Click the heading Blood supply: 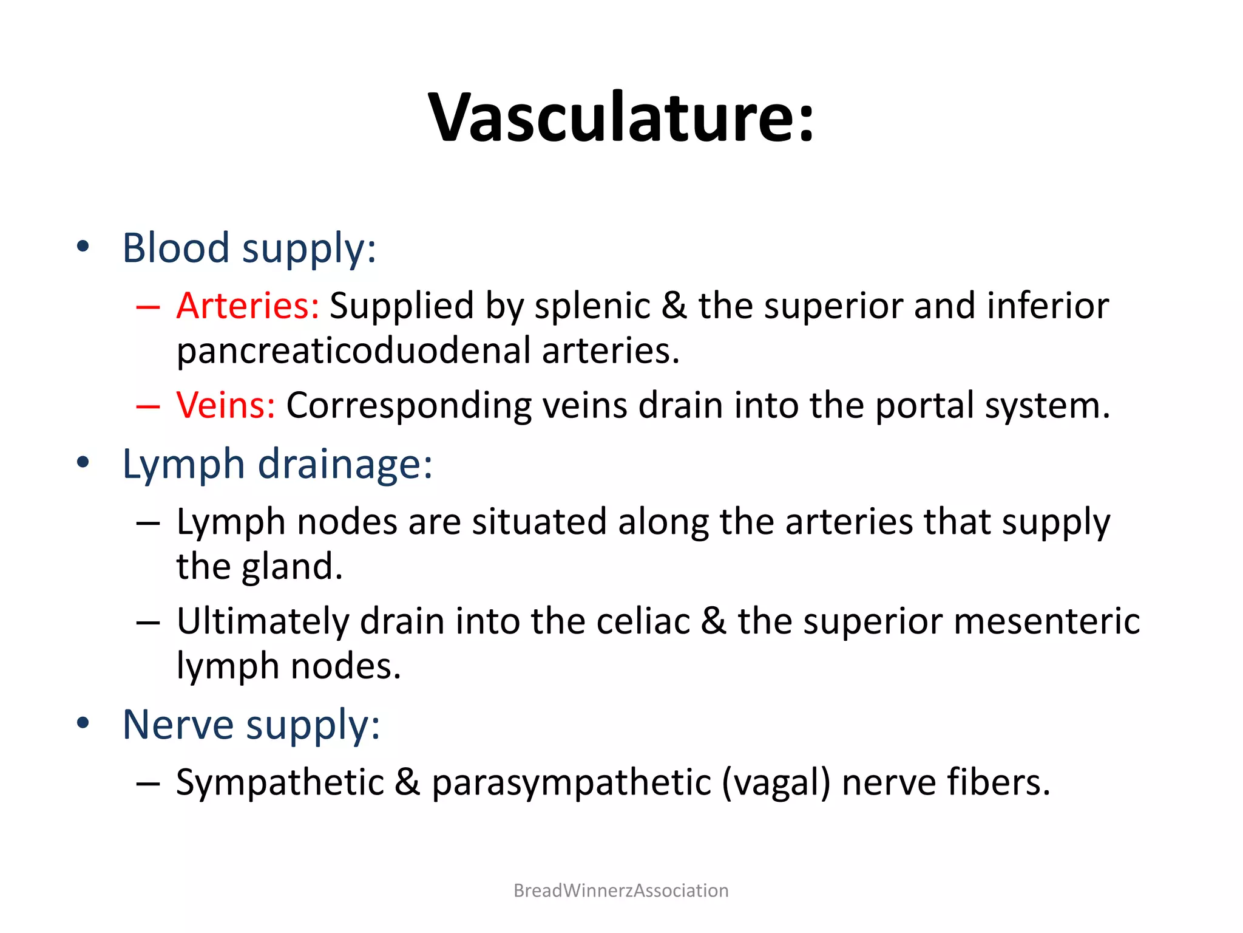(x=249, y=248)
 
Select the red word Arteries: (x=248, y=306)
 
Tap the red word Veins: (x=226, y=405)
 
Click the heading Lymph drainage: (x=277, y=464)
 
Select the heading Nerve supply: (x=251, y=725)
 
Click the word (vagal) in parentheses (x=776, y=782)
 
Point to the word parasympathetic (x=571, y=782)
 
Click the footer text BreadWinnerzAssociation (x=621, y=890)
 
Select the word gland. (x=292, y=567)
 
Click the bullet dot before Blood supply (x=83, y=247)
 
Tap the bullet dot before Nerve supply (x=83, y=723)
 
